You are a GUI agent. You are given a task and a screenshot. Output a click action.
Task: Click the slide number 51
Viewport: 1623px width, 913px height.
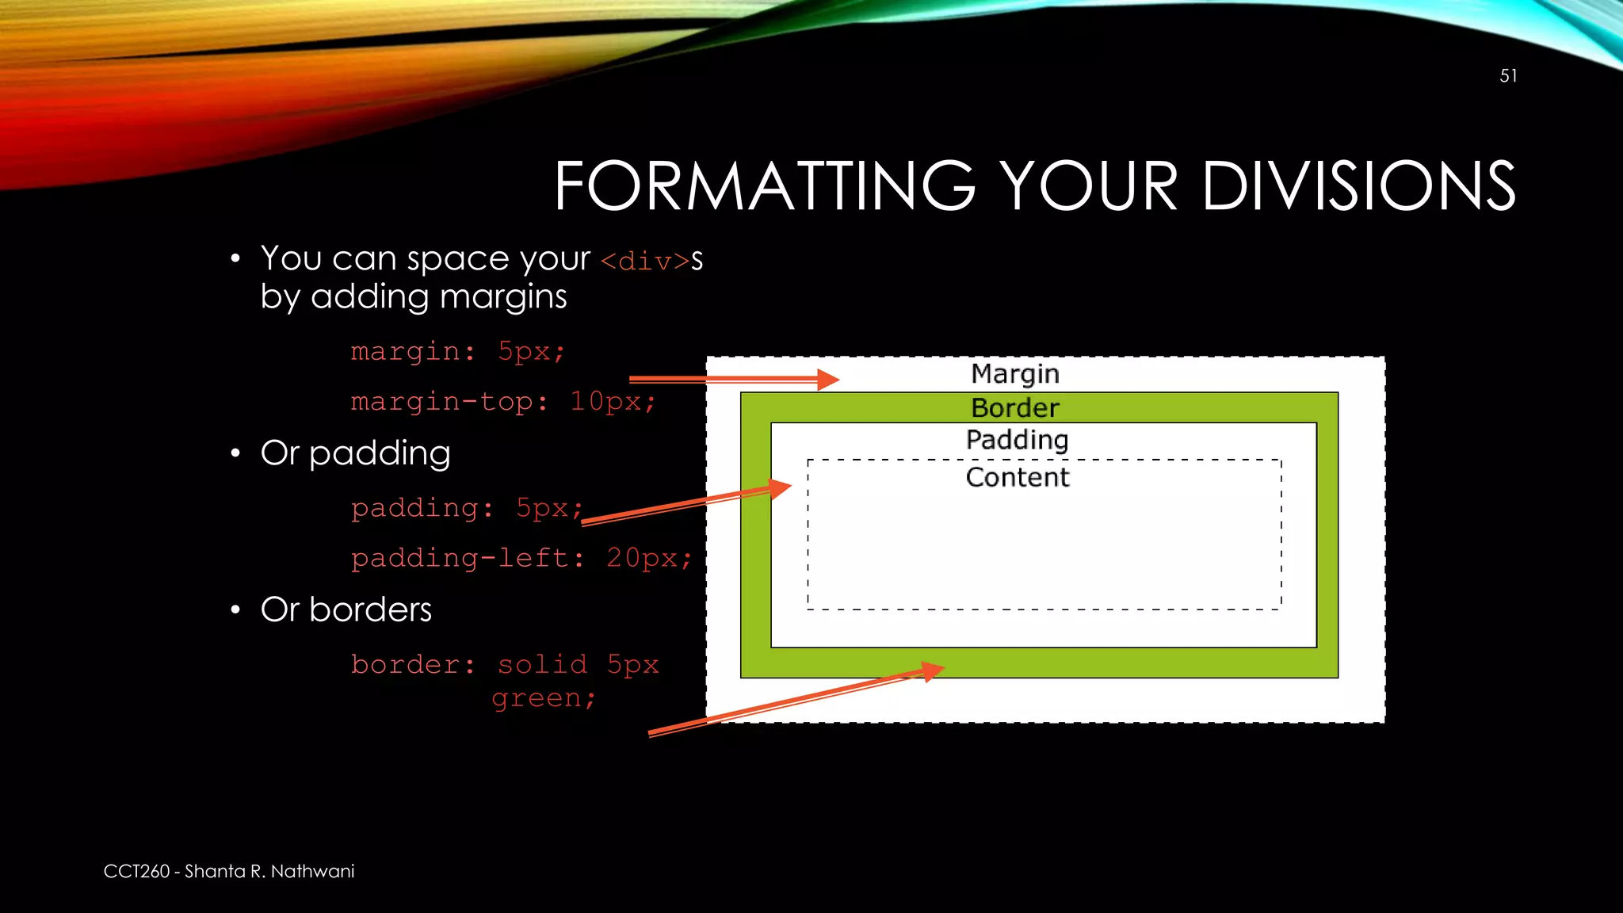coord(1508,76)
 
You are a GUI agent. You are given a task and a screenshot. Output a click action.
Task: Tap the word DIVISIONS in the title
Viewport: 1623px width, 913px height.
coord(1358,186)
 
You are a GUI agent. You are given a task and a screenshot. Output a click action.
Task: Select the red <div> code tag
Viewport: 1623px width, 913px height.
coord(645,261)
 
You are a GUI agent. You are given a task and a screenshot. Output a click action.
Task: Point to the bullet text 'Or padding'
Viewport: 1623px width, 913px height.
coord(355,453)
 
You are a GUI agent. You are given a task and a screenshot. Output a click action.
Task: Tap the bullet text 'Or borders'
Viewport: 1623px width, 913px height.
coord(346,609)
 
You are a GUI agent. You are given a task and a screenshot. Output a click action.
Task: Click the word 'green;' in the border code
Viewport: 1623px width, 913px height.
coord(543,698)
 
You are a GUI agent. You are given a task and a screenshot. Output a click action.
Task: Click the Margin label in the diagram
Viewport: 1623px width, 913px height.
coord(1015,373)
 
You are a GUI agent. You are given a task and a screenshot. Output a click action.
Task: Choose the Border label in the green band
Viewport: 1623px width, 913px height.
coord(1015,408)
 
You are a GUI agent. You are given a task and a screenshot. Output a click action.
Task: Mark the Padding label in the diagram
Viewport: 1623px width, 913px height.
coord(1017,440)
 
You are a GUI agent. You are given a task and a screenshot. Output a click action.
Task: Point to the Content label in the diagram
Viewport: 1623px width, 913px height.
coord(1018,477)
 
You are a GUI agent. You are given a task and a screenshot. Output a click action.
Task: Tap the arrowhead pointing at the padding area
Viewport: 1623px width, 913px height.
coord(781,487)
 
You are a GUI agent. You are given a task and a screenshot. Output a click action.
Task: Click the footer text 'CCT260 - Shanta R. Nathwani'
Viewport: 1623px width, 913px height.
coord(229,871)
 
